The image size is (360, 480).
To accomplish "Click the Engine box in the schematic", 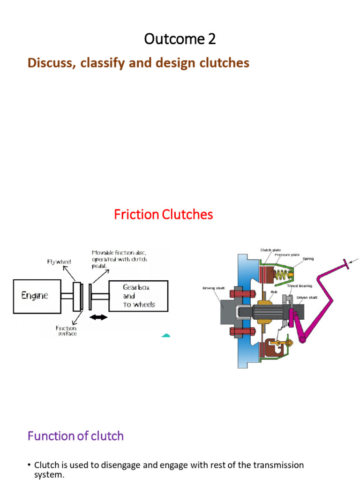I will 37,296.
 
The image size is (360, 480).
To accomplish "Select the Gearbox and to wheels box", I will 138,296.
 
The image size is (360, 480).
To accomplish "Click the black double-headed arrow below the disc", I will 98,318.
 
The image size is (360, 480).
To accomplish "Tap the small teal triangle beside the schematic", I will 165,335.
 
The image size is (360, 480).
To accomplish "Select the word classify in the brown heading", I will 113,63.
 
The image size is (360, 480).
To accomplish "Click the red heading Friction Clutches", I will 163,215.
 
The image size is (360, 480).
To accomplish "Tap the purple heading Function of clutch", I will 75,436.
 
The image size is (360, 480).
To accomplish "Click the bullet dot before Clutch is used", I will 29,465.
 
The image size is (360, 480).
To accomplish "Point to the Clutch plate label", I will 270,250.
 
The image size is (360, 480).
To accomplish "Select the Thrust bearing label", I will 300,285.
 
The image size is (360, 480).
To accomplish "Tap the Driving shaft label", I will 213,288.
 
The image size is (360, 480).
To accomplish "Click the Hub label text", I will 274,291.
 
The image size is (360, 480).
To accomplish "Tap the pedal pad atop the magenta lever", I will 348,264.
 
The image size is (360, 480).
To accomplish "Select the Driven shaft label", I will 307,297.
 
